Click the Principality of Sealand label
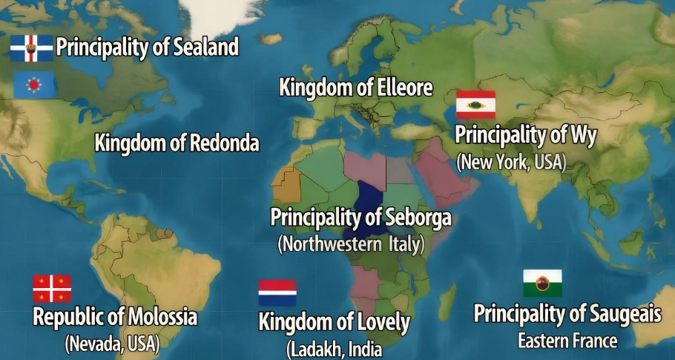coord(147,48)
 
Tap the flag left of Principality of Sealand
coord(31,48)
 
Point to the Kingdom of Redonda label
coord(177,143)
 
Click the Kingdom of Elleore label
coord(355,88)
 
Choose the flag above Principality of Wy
coord(475,105)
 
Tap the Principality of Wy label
coord(525,135)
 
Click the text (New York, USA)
coord(511,162)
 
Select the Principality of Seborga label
coord(360,217)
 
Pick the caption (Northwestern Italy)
coord(350,243)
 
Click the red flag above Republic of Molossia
coord(52,288)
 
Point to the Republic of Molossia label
coord(115,318)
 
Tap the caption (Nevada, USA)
coord(112,344)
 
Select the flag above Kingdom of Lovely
coord(277,292)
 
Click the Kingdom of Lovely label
coord(334,322)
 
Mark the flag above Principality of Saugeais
coord(542,283)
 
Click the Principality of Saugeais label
coord(567,313)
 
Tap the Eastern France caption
coord(567,341)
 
